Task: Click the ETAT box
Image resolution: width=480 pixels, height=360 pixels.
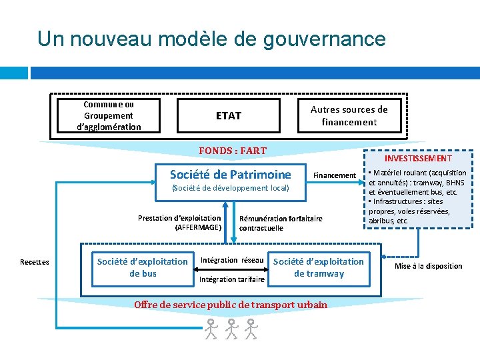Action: click(x=229, y=115)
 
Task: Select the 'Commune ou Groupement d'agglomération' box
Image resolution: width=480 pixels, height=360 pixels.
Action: click(x=109, y=115)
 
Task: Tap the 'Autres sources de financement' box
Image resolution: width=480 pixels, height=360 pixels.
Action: click(x=349, y=115)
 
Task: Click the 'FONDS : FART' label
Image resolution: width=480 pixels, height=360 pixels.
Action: click(x=233, y=151)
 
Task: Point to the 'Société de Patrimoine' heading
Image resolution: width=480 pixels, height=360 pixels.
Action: click(x=230, y=175)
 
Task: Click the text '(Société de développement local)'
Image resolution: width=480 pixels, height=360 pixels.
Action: click(x=231, y=188)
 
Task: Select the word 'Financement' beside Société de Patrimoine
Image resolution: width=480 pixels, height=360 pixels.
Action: click(x=335, y=175)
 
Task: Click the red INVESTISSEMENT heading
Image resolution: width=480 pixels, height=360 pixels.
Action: click(x=418, y=159)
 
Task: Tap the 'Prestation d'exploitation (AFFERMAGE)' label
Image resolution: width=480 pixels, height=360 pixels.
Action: click(x=179, y=222)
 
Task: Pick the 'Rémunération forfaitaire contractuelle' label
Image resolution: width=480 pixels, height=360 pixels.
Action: click(x=280, y=223)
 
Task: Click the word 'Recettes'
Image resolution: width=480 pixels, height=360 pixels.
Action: click(x=35, y=262)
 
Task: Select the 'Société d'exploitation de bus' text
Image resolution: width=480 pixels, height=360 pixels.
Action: click(x=143, y=267)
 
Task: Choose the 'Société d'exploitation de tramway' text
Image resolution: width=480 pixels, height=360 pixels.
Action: click(x=319, y=267)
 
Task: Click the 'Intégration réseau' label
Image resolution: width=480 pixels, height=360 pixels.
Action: click(x=232, y=260)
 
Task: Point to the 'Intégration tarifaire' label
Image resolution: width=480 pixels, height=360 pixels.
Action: click(x=232, y=279)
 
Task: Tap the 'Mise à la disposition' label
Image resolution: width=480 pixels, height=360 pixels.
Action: click(x=428, y=266)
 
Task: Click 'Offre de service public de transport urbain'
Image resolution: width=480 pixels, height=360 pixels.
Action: click(x=231, y=305)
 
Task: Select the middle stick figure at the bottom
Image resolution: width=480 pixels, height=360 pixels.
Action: click(x=231, y=329)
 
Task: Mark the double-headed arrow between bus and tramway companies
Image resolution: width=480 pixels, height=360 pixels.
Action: click(x=231, y=270)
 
